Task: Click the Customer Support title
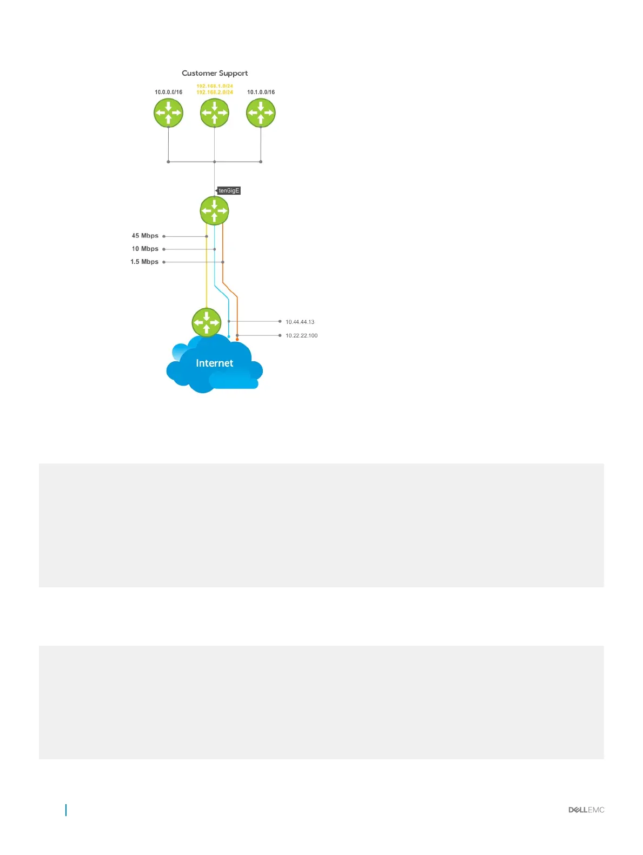215,73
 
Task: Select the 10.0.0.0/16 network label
168,92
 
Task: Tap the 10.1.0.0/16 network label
261,92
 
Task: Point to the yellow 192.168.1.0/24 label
215,86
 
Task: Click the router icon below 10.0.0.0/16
168,113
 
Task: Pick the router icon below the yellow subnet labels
215,113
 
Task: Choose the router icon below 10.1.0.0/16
261,113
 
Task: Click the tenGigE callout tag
229,190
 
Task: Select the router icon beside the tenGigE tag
215,210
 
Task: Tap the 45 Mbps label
145,236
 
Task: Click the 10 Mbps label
145,249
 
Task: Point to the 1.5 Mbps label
144,262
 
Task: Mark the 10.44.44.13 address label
300,322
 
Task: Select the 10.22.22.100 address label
301,335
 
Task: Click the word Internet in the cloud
214,363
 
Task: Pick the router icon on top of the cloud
206,322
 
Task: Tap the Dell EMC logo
586,810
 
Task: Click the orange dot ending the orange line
237,340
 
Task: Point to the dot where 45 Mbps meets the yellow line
207,236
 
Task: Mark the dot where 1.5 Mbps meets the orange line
223,262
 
